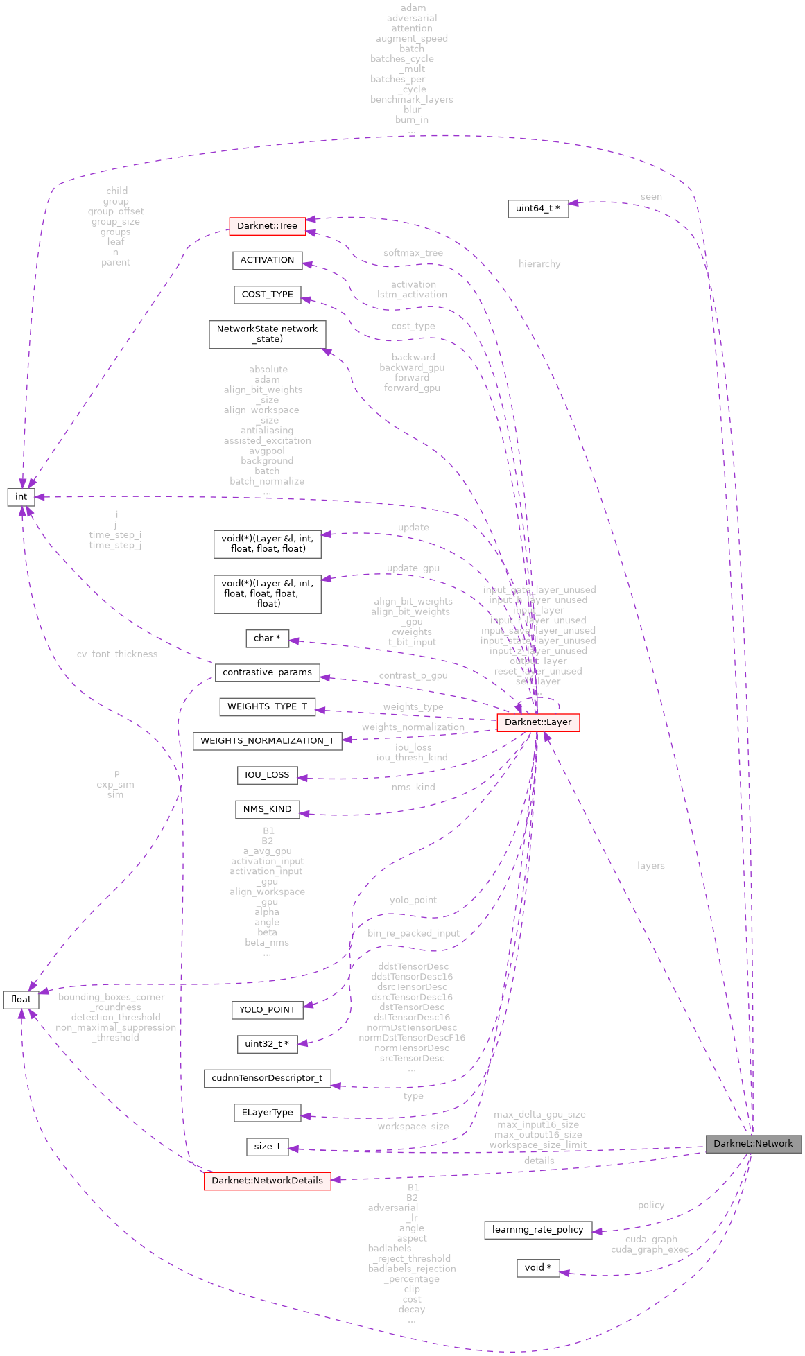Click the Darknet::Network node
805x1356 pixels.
tap(753, 1144)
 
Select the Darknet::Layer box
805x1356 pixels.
tap(538, 722)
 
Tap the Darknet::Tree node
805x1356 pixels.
tap(267, 226)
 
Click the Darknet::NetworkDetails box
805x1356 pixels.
tap(267, 1181)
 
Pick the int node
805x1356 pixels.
tap(21, 497)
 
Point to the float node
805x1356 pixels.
tap(21, 1000)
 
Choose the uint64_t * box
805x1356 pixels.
tap(538, 209)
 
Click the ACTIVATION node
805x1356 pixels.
tap(267, 260)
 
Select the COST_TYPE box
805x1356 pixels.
tap(267, 295)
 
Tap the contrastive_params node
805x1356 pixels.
tap(267, 672)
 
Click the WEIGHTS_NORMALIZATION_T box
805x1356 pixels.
tap(267, 741)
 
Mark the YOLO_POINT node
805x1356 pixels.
tap(267, 1010)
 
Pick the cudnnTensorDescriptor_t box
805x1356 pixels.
tap(267, 1079)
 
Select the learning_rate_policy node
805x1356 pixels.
tap(538, 1230)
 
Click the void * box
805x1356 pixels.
tap(538, 1268)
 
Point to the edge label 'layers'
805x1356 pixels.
tap(650, 866)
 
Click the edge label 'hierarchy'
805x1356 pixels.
tap(539, 264)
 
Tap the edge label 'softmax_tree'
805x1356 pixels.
tap(413, 253)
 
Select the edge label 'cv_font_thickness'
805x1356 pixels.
tap(117, 654)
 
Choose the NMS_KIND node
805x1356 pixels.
tap(267, 810)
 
